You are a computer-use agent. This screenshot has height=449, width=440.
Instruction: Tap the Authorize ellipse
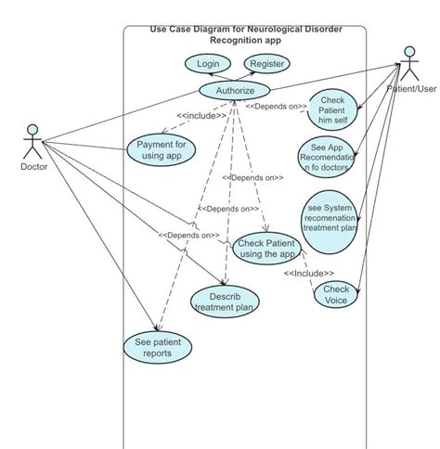pos(234,90)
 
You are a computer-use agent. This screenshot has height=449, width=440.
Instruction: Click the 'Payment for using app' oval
pos(162,149)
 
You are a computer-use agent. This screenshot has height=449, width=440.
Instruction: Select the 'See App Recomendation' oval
pos(327,157)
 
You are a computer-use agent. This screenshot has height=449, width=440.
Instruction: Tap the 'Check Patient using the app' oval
pos(265,248)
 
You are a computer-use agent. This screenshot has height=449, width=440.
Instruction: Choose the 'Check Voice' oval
pos(336,294)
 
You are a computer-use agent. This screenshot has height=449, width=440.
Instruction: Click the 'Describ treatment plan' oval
pos(224,301)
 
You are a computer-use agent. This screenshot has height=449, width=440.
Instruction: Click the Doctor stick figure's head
pos(32,129)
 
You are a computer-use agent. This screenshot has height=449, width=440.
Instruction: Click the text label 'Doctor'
pos(33,167)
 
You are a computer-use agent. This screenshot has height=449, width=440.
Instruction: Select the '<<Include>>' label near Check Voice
pos(309,273)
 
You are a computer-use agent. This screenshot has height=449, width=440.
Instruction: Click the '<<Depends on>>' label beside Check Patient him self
pos(276,107)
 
